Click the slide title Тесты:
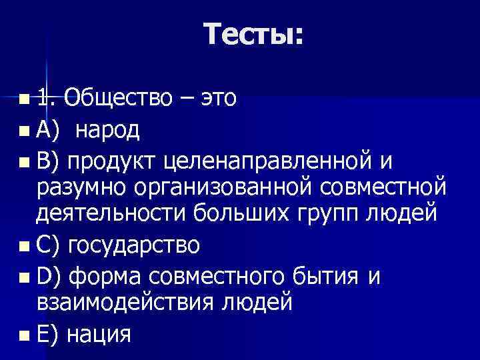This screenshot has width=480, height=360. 254,34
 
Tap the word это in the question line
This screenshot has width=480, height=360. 213,98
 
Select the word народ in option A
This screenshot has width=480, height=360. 107,130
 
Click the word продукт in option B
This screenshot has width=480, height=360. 113,161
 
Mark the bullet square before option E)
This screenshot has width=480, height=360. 25,333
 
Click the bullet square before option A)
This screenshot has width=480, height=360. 25,131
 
